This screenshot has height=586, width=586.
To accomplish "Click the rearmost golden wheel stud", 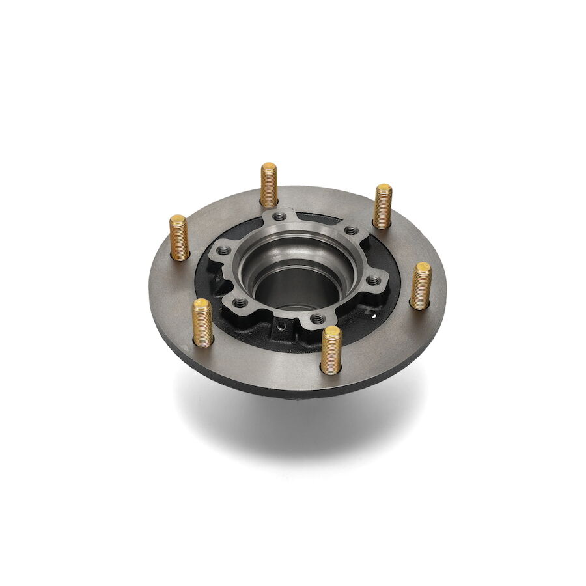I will click(x=269, y=186).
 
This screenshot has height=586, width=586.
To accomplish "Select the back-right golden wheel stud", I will click(x=382, y=207).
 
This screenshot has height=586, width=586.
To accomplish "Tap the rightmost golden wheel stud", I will click(x=421, y=286).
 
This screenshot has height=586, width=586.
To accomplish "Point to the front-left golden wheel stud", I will click(x=202, y=324).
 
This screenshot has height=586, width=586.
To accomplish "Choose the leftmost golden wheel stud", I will click(x=179, y=238).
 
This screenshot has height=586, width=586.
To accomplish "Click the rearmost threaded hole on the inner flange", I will click(x=279, y=217).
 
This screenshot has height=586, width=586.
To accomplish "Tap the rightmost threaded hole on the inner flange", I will click(x=374, y=280).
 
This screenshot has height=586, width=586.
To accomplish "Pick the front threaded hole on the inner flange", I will click(x=317, y=319).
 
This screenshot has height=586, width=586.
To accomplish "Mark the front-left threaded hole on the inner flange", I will click(x=241, y=303).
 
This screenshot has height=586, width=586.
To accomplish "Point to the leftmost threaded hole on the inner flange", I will click(x=223, y=251).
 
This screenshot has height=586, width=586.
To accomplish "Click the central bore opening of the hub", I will click(x=297, y=286).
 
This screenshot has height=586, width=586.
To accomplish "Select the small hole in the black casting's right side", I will click(x=370, y=313).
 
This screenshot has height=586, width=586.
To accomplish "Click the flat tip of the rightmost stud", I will click(x=423, y=268).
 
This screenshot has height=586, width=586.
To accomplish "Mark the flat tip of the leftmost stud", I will click(x=178, y=219).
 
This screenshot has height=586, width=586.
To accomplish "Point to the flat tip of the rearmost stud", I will click(x=269, y=167).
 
